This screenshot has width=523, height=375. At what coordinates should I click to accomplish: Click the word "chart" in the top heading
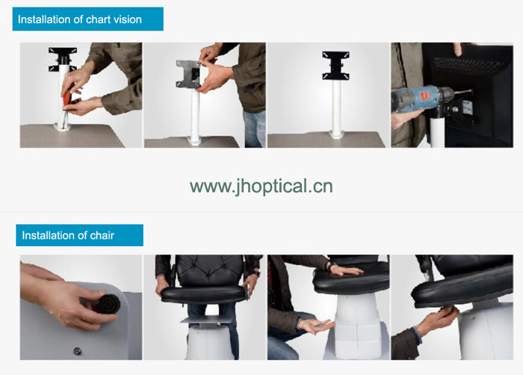pos(98,19)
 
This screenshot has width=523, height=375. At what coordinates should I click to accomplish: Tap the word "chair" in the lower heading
pos(102,235)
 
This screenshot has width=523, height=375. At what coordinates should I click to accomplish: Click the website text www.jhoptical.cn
pos(261,186)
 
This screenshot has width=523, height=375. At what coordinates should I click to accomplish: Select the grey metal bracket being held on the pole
pos(188,73)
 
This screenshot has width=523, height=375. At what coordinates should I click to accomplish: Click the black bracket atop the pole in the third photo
pos(336,65)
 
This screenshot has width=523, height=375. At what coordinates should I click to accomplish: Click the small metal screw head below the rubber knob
pos(78,350)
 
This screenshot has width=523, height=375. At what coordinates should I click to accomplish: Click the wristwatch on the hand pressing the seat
pos(330,266)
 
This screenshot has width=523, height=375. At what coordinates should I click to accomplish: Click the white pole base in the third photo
pos(336,134)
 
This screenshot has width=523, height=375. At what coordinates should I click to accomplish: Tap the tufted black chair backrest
pos(209,270)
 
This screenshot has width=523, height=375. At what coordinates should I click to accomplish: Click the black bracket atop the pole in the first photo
pos(63,59)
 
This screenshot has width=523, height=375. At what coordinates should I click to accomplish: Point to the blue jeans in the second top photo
pos(254,129)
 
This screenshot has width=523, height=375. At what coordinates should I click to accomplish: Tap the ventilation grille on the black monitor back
pos(468,64)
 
